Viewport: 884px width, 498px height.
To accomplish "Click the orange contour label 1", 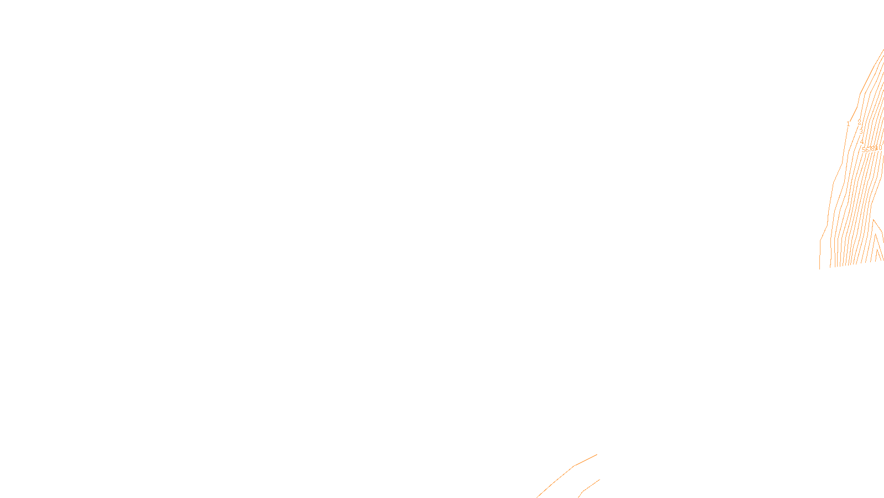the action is coord(848,124).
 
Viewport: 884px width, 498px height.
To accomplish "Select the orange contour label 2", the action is coord(859,122).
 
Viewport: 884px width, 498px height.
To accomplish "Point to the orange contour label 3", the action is coord(861,132).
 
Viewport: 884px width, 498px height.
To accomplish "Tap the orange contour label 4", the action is coord(861,142).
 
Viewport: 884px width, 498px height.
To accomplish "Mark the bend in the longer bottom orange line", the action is coord(575,465).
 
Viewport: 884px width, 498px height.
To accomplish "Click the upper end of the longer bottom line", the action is coord(597,455).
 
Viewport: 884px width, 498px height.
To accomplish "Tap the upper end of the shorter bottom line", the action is coord(599,480).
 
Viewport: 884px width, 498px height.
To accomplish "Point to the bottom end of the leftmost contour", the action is coord(820,268).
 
